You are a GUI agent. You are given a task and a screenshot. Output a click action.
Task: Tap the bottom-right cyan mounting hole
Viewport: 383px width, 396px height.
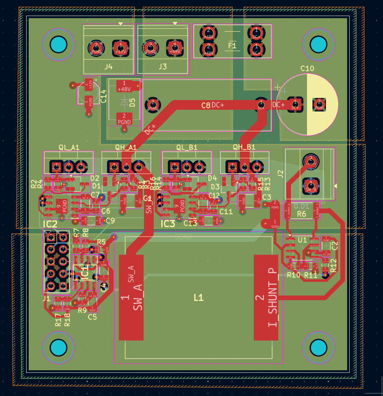318,348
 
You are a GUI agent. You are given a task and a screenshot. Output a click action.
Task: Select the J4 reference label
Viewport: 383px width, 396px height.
109,67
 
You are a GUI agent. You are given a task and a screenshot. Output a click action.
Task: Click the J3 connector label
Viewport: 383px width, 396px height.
163,67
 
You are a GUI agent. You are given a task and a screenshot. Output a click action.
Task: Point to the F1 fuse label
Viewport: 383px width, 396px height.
232,45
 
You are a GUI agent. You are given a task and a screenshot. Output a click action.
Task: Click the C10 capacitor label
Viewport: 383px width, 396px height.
307,68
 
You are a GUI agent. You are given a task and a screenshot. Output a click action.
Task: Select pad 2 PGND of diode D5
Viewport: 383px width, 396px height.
124,119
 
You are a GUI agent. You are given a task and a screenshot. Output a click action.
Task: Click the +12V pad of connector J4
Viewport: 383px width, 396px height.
120,47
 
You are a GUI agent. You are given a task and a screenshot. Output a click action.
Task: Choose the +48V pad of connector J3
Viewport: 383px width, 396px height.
174,47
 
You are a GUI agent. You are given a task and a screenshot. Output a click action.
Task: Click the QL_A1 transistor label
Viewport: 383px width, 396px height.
69,147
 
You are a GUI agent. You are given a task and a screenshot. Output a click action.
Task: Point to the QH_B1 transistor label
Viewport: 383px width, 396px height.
244,147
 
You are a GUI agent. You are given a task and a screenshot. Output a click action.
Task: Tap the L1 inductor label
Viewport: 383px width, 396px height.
198,298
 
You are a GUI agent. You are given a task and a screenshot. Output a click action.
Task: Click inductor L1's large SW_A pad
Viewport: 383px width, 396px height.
131,297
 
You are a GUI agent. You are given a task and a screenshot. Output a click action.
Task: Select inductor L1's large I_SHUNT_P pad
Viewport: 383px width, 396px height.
266,297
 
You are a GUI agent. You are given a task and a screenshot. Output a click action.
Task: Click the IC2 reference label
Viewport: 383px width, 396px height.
49,224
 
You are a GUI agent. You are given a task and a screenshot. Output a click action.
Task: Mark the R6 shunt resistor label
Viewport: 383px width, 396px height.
302,214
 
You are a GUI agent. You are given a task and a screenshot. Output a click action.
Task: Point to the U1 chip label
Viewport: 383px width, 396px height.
302,240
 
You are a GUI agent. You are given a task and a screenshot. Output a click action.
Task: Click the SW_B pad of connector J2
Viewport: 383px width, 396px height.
311,185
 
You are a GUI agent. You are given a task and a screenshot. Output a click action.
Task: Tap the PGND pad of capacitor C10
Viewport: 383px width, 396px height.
319,104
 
